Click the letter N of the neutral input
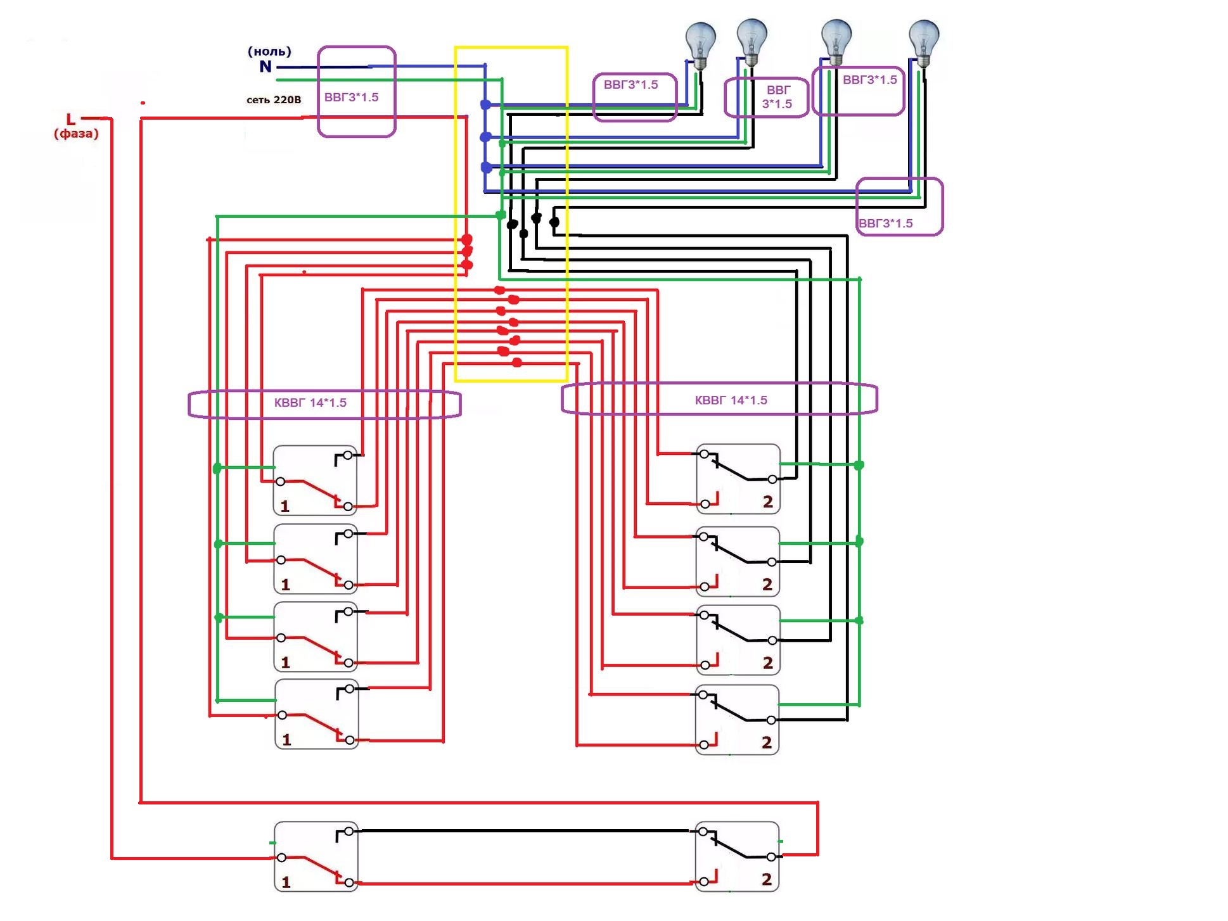(x=265, y=67)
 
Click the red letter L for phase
(x=71, y=119)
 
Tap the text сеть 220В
(x=274, y=100)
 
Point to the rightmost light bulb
(x=923, y=43)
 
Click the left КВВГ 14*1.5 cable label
(x=310, y=403)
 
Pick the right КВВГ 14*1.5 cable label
(x=731, y=400)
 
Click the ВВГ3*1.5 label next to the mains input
(x=351, y=97)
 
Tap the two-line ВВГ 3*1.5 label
(x=777, y=97)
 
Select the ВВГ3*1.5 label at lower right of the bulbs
(x=886, y=223)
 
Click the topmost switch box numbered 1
(x=315, y=481)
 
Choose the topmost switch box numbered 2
(x=738, y=479)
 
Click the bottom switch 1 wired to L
(x=316, y=857)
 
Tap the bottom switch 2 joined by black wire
(x=737, y=856)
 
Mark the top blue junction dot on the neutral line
(x=485, y=105)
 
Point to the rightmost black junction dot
(x=554, y=222)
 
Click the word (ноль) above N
(x=269, y=51)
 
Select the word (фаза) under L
(x=76, y=134)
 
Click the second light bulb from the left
(x=752, y=42)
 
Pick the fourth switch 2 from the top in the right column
(x=737, y=720)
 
